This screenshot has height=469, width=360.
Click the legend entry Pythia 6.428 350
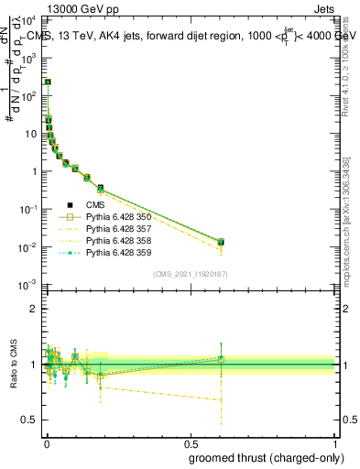pyautogui.click(x=114, y=217)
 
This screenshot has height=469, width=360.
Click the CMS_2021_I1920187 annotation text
pyautogui.click(x=191, y=273)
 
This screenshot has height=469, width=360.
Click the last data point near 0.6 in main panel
pyautogui.click(x=221, y=242)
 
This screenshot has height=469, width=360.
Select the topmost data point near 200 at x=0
pyautogui.click(x=48, y=82)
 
